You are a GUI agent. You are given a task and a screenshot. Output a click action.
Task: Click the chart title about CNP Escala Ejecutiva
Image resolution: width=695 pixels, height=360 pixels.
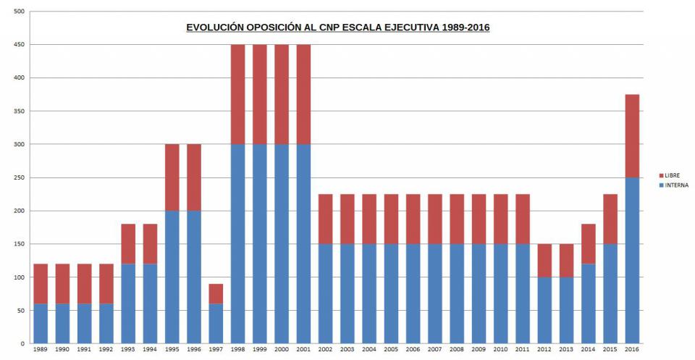(x=338, y=28)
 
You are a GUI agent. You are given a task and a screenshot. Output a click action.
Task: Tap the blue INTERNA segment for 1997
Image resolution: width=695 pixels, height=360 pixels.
(x=215, y=323)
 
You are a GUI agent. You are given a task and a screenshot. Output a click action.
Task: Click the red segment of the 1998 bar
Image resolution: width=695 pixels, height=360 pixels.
(x=237, y=94)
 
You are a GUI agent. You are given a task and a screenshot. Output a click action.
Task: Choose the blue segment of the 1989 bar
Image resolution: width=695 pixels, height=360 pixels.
(x=41, y=323)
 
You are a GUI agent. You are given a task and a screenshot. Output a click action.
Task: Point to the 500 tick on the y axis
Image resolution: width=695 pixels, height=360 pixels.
(x=19, y=12)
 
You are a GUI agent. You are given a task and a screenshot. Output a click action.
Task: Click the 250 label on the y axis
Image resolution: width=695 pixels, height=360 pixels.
(x=19, y=177)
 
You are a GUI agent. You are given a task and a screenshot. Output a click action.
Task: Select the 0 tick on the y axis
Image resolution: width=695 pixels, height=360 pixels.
(x=23, y=343)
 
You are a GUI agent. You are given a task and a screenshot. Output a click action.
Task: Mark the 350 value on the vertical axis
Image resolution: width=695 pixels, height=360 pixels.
(x=19, y=112)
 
